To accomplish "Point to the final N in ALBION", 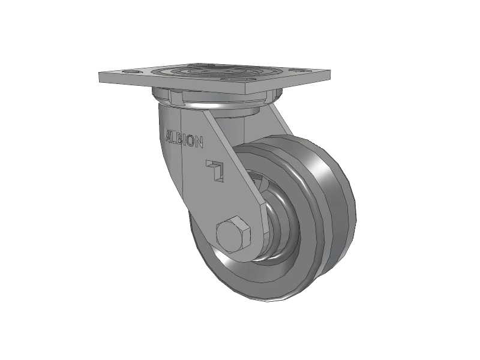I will click(x=199, y=143).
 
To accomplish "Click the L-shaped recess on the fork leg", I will click(x=215, y=169).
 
